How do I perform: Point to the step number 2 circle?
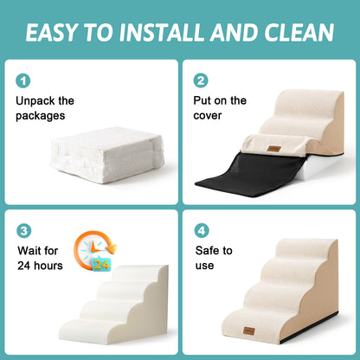click(x=202, y=80)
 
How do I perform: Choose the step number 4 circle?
click(x=202, y=232)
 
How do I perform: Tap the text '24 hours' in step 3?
click(x=39, y=266)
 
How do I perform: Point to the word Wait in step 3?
click(x=30, y=251)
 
